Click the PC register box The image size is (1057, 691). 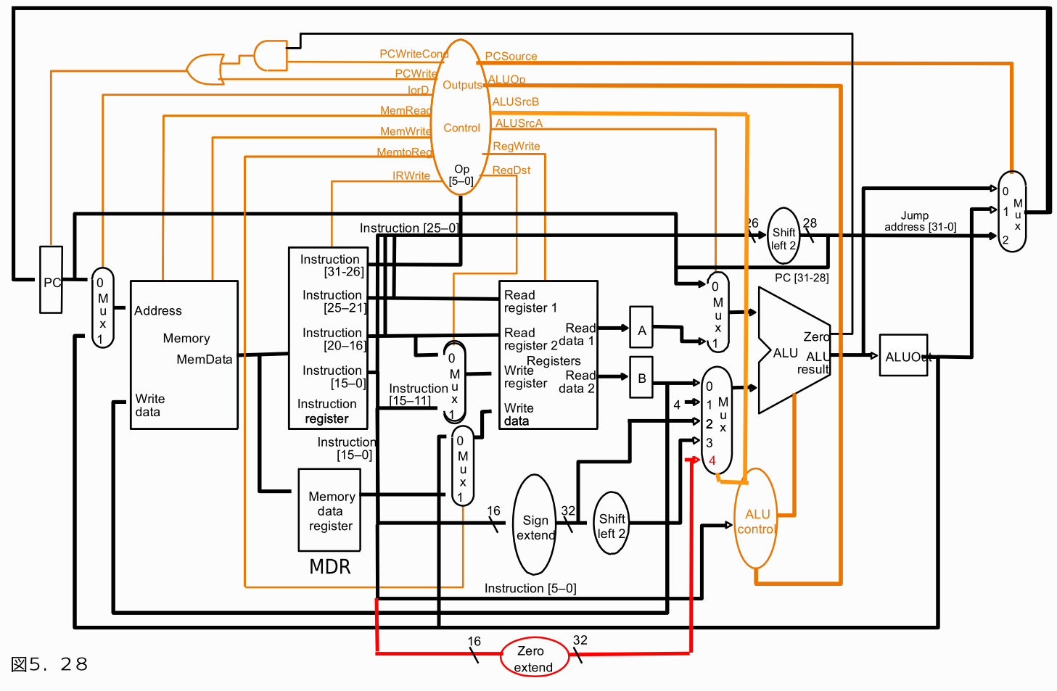51,281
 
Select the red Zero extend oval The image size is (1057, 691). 534,658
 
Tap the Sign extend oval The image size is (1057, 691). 535,526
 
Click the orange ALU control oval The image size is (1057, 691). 756,519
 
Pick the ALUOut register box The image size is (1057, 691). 903,355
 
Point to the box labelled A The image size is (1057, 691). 641,328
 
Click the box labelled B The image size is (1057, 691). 641,377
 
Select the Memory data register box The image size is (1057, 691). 330,510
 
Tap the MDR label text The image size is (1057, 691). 330,566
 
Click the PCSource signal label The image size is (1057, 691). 511,56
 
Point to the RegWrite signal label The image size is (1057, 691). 516,146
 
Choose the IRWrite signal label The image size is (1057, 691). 411,175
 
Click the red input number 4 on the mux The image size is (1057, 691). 712,460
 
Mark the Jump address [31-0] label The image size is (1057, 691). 919,221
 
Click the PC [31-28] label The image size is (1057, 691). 802,278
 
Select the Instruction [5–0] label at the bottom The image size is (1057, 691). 530,588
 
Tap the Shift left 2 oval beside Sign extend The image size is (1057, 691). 612,524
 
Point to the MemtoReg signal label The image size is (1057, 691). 404,152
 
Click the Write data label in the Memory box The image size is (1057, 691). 149,405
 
